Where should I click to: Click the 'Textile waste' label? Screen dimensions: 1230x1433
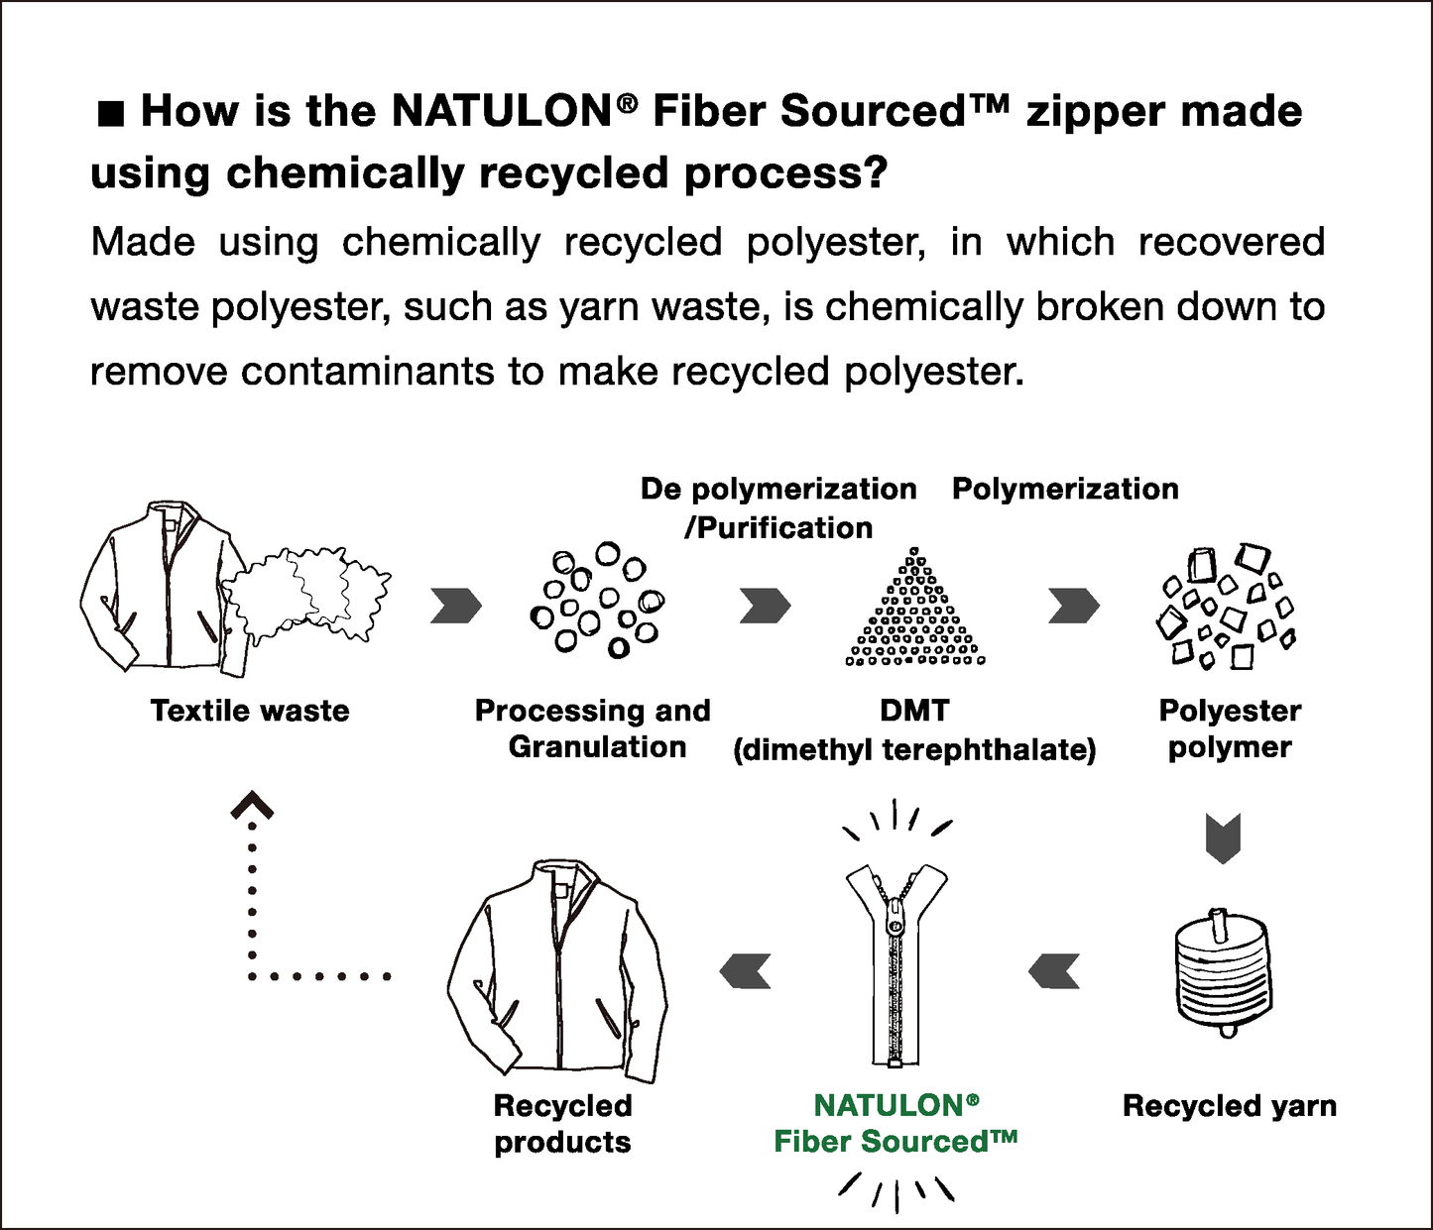coord(250,711)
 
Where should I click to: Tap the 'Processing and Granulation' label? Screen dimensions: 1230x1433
coord(593,728)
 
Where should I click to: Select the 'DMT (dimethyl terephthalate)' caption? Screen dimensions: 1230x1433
coord(914,730)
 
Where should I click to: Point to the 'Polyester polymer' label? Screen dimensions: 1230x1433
coord(1230,728)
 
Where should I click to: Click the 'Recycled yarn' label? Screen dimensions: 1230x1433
coord(1229,1105)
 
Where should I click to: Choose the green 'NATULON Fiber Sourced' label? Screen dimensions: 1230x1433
coord(896,1123)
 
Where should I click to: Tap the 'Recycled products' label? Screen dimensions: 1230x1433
coord(562,1123)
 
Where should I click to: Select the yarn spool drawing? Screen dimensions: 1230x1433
coord(1223,971)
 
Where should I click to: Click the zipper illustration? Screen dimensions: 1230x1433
coord(896,961)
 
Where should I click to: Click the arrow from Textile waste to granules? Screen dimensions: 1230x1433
coord(455,606)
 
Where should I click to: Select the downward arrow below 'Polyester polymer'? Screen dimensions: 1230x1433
coord(1223,839)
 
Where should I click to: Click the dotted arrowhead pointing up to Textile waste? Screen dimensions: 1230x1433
coord(252,806)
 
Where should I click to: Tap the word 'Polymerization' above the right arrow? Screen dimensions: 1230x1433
coord(1065,489)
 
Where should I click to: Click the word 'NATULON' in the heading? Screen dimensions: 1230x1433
coord(502,111)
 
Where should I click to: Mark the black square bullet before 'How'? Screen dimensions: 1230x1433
coord(110,114)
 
